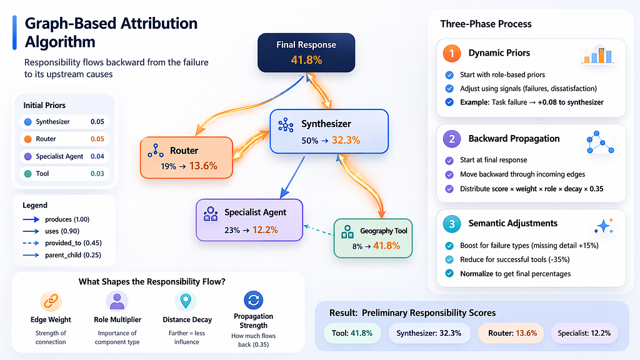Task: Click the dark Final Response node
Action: click(306, 52)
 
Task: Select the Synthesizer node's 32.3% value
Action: click(346, 141)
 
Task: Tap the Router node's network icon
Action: click(156, 151)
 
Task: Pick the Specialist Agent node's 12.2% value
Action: click(265, 230)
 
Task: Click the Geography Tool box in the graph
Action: click(373, 238)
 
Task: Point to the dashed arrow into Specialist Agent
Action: click(318, 230)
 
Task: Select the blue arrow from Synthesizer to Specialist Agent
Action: click(292, 177)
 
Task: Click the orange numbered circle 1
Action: click(452, 54)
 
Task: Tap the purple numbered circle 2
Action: click(452, 139)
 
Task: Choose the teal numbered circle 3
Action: click(452, 224)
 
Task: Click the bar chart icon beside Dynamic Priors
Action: click(598, 55)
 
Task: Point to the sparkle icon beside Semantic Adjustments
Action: click(604, 225)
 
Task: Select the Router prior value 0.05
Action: click(97, 139)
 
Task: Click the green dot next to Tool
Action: click(27, 174)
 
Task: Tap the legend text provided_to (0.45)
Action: click(74, 243)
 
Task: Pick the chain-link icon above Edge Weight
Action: click(51, 301)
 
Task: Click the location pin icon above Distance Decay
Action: click(186, 301)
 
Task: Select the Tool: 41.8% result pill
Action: click(352, 333)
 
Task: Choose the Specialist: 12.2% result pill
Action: click(584, 333)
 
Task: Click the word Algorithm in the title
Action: click(60, 42)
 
